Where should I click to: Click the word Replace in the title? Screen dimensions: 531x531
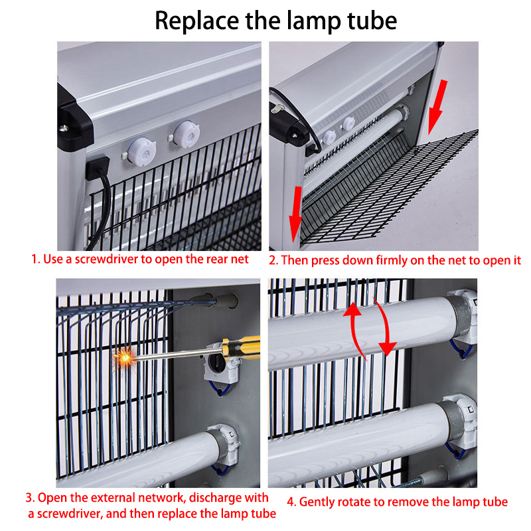[x=196, y=21]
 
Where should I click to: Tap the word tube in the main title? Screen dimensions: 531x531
[x=372, y=21]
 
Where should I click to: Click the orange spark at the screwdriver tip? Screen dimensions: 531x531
[x=124, y=357]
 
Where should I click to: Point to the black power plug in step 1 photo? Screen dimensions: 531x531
[x=97, y=167]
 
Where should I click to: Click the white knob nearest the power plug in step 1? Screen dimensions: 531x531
[x=142, y=152]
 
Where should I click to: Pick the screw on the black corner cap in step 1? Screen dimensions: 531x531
[x=64, y=128]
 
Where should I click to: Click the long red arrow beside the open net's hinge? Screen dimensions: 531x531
[x=437, y=108]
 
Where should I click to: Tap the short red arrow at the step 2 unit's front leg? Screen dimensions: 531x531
[x=295, y=214]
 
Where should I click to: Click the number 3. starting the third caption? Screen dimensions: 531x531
[x=30, y=498]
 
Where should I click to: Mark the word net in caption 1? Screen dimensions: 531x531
[x=240, y=260]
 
